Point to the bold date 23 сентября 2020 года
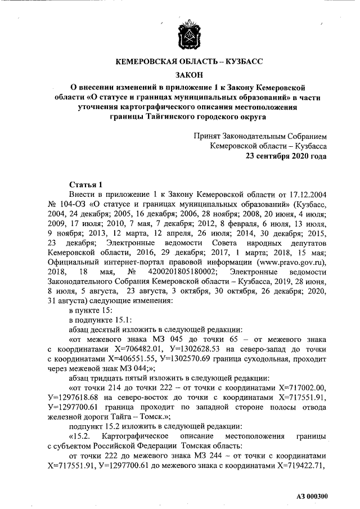286,156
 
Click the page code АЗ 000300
312,497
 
